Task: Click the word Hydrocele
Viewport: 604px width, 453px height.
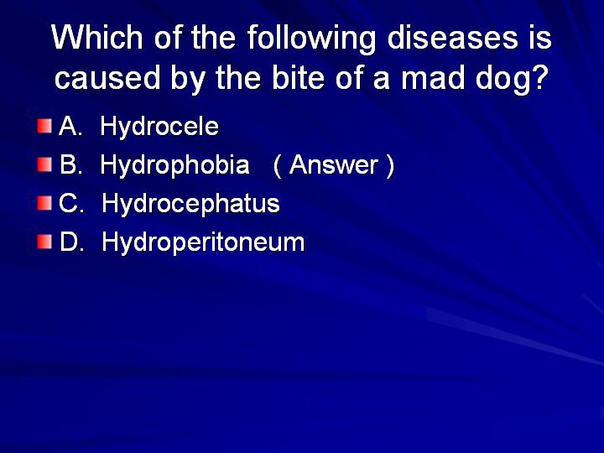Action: [x=159, y=127]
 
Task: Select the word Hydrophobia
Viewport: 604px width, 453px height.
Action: [x=174, y=165]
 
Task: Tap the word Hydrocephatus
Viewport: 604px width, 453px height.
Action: [x=190, y=204]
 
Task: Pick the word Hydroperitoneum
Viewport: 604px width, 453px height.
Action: [x=203, y=242]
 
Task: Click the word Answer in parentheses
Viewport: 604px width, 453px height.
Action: [x=334, y=165]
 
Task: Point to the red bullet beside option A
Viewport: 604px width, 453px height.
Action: [x=44, y=126]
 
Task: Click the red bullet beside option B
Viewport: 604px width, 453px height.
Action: [x=44, y=164]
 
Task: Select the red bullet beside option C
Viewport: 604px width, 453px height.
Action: [x=44, y=203]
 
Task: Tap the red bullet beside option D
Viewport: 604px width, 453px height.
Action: [x=44, y=242]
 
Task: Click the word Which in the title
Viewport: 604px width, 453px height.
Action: [x=97, y=37]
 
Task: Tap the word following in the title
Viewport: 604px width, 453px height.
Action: [x=311, y=39]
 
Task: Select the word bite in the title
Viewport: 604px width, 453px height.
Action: [x=298, y=77]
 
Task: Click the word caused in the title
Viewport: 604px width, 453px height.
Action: [x=107, y=77]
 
